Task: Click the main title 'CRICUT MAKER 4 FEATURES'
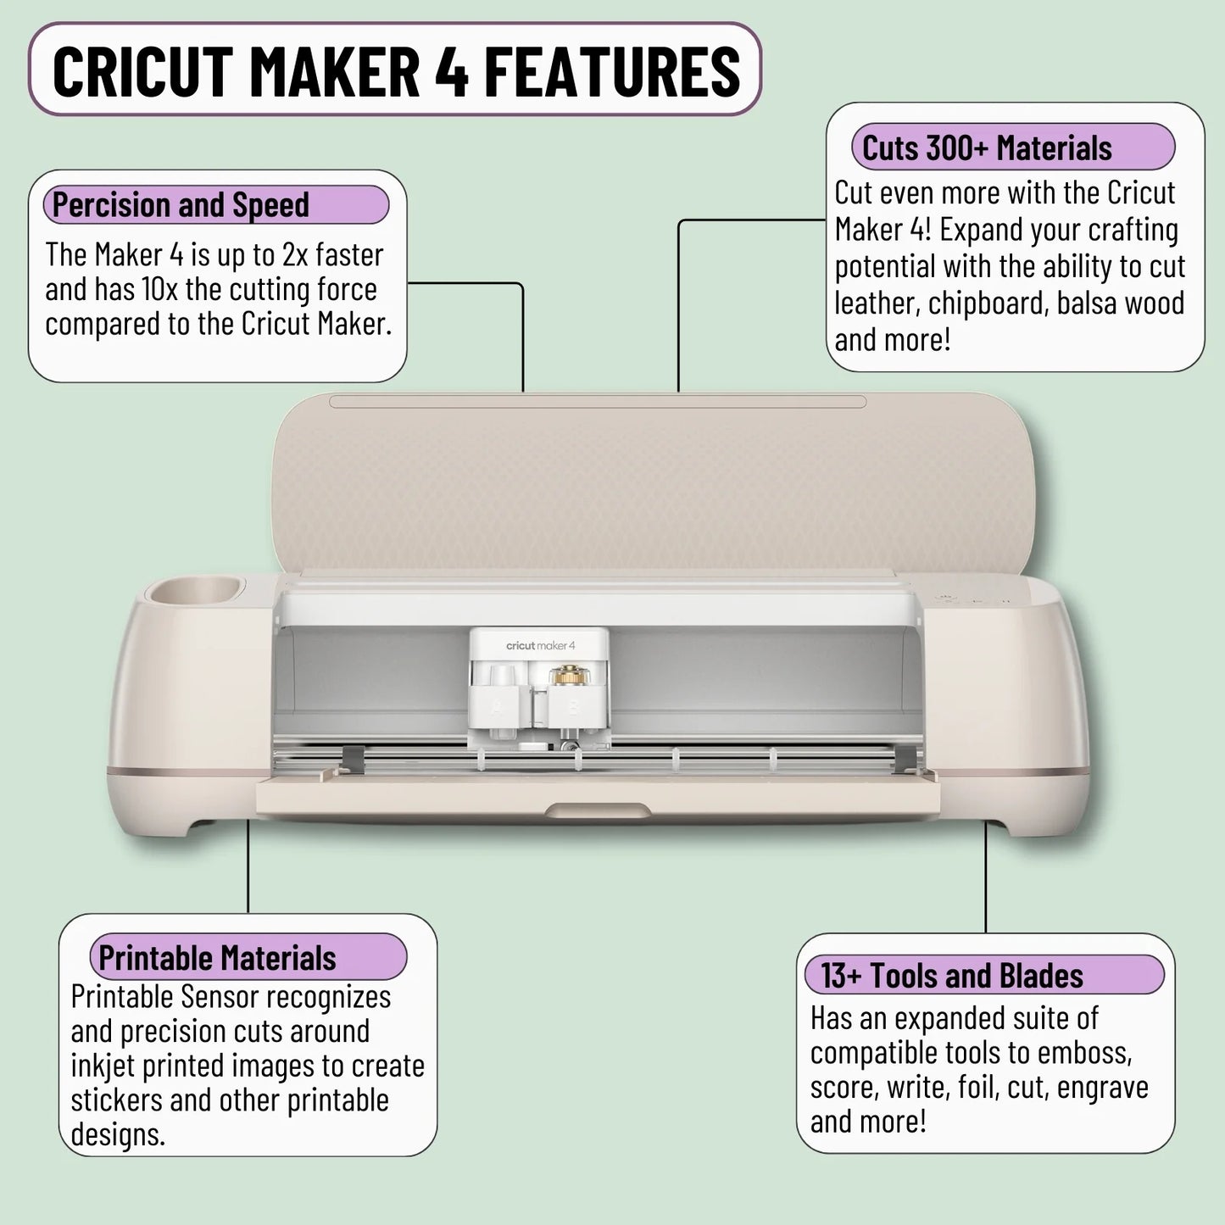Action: click(395, 71)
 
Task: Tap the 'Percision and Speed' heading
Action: click(181, 205)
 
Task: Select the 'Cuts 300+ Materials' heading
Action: click(987, 148)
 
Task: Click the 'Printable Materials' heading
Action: click(217, 958)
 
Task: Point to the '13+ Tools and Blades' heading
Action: click(952, 976)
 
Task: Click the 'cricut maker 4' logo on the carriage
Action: click(540, 646)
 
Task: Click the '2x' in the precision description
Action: click(296, 255)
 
